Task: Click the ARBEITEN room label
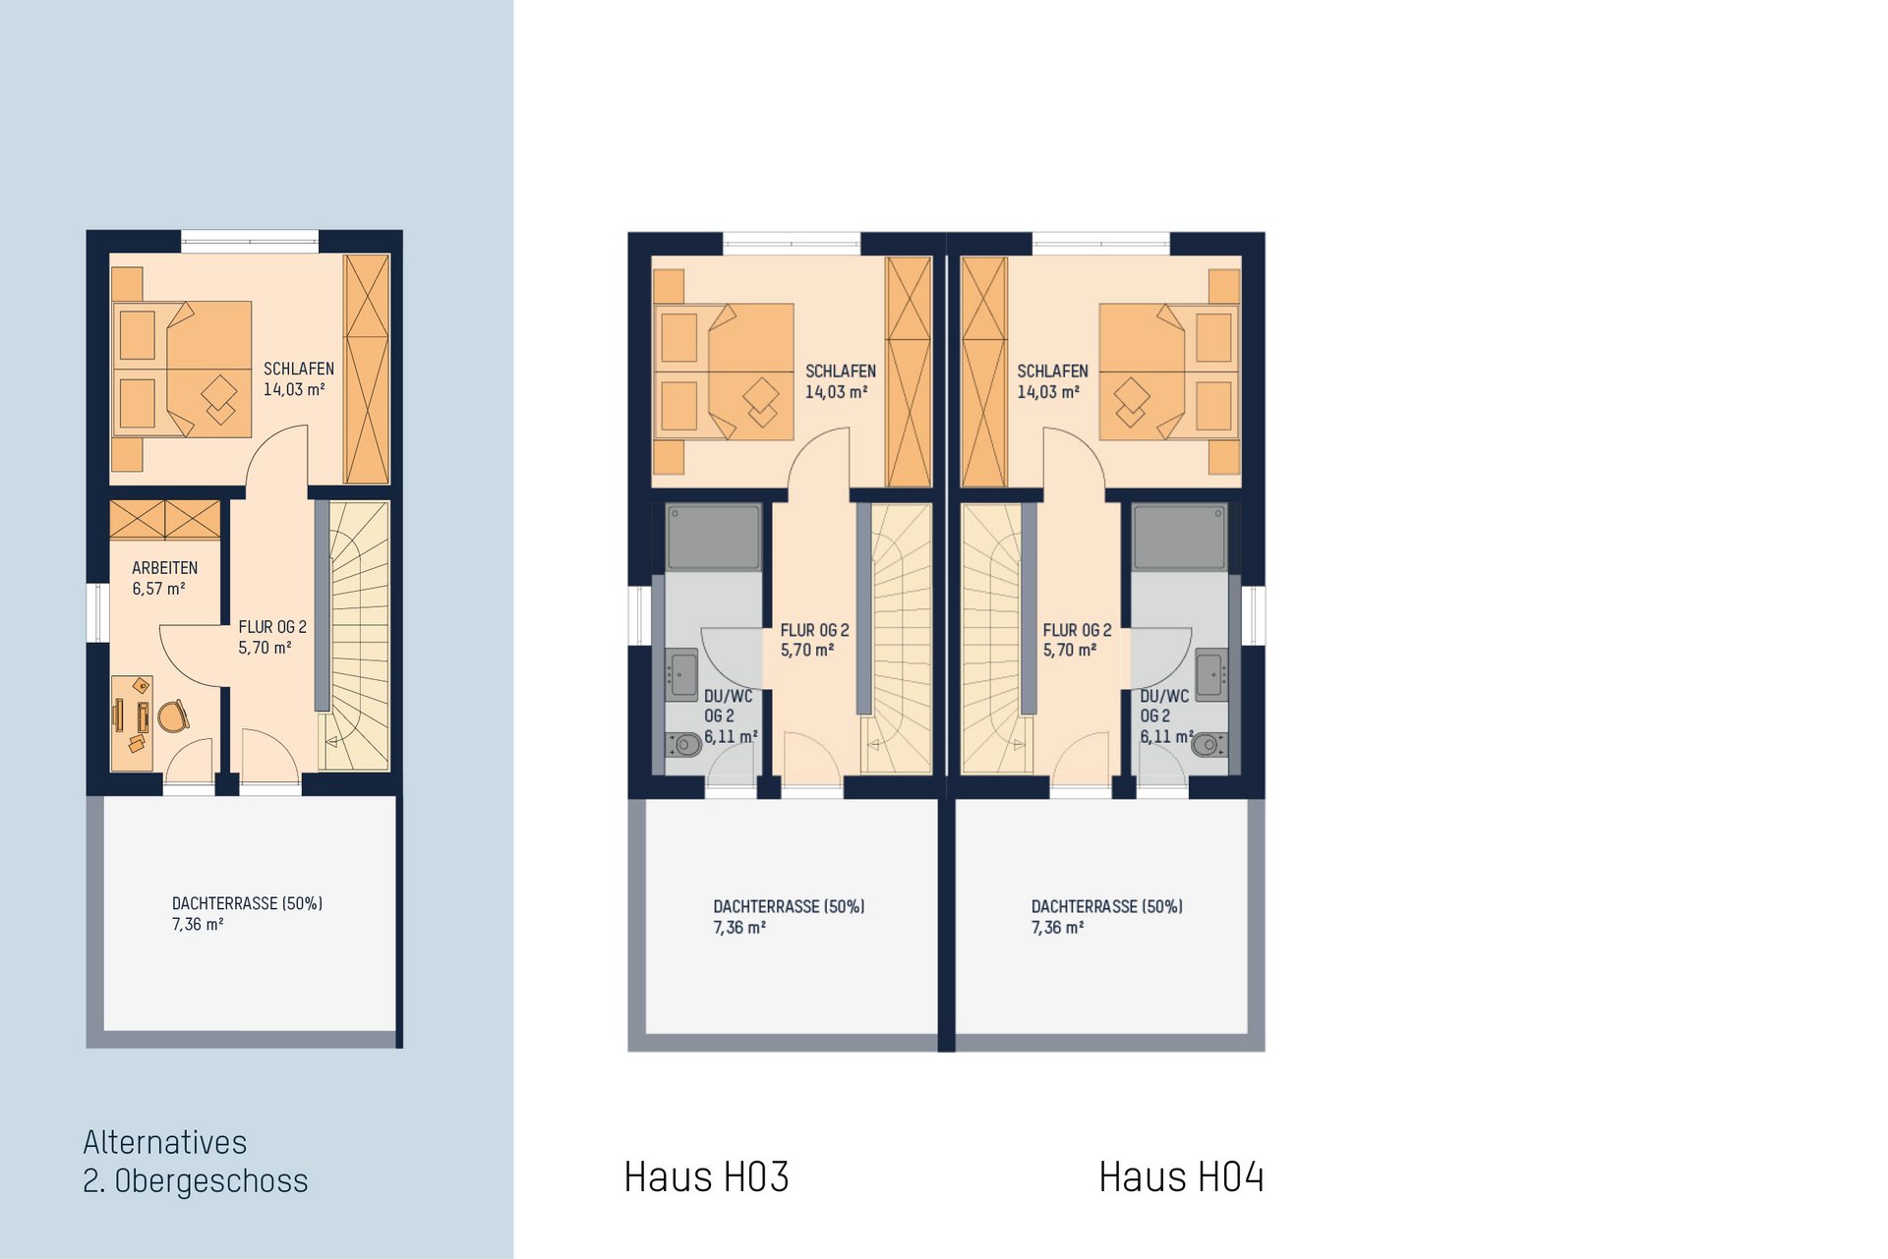(x=165, y=568)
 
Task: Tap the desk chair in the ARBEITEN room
(x=173, y=715)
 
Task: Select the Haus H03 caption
(x=706, y=1176)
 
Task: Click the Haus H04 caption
(x=1181, y=1176)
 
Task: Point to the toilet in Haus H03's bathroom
(x=684, y=744)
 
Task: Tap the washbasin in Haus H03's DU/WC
(x=681, y=674)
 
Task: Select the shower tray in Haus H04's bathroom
(x=1180, y=537)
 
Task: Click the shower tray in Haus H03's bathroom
(x=714, y=537)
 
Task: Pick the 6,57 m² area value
(x=159, y=589)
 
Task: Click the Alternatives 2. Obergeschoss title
(x=195, y=1162)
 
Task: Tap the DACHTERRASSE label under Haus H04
(x=1107, y=906)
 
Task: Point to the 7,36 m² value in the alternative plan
(x=198, y=924)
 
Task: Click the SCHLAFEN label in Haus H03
(x=841, y=372)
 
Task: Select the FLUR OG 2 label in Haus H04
(x=1078, y=630)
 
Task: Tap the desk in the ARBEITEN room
(x=132, y=723)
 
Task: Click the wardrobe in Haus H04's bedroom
(x=984, y=372)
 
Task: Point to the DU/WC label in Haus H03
(x=729, y=696)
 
